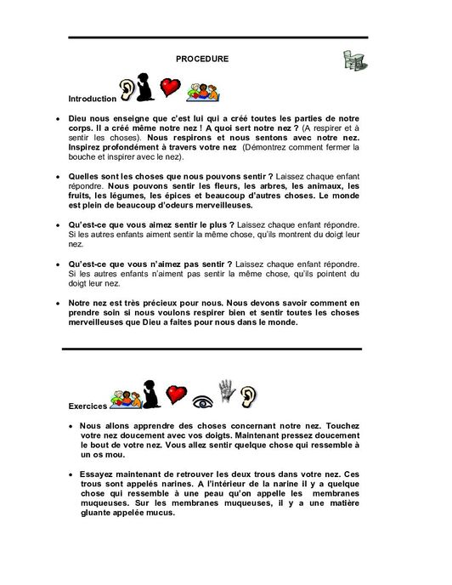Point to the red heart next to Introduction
click(172, 88)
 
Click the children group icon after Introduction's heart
click(204, 89)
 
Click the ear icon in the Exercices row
click(251, 395)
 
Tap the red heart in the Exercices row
click(176, 394)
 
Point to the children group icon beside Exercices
click(124, 397)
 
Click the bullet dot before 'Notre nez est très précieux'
click(56, 303)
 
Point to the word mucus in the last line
click(159, 513)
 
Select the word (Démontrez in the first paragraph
click(264, 147)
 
